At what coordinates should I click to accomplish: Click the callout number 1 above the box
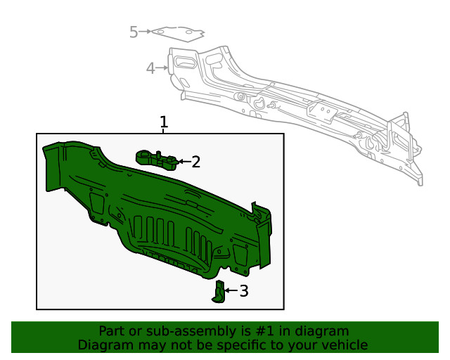point(164,122)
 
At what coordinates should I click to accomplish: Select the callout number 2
point(196,162)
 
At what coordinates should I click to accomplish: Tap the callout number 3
point(243,290)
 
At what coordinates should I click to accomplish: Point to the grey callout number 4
point(150,68)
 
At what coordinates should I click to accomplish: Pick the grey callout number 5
point(134,32)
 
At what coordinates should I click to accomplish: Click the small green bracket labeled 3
point(219,291)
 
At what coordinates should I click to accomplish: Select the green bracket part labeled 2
point(157,159)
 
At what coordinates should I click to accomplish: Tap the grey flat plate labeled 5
point(178,32)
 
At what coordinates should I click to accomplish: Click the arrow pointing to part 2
point(184,162)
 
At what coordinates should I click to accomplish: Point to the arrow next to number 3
point(230,290)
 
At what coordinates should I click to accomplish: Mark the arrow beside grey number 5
point(146,32)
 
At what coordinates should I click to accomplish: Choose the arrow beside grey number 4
point(162,68)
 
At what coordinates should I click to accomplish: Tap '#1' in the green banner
point(264,331)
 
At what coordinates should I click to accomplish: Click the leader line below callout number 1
point(164,131)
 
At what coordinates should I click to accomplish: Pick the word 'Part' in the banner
point(112,331)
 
